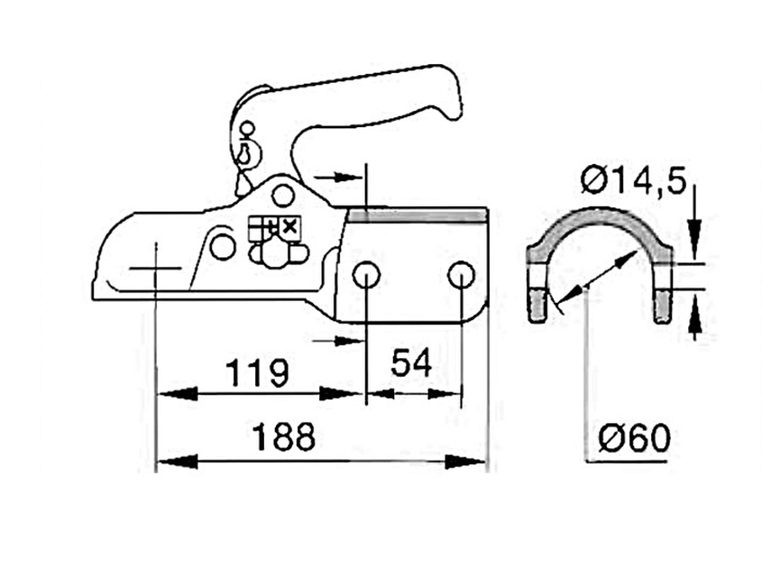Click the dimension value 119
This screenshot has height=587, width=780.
(x=257, y=372)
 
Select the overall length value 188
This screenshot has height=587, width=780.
(x=283, y=436)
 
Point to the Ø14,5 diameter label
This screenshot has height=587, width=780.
(x=634, y=180)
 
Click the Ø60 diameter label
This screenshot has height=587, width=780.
(x=635, y=438)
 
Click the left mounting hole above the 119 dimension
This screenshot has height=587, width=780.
(x=366, y=275)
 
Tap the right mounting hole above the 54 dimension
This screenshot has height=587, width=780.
(x=461, y=275)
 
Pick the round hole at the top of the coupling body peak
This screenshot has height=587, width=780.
(x=282, y=195)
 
